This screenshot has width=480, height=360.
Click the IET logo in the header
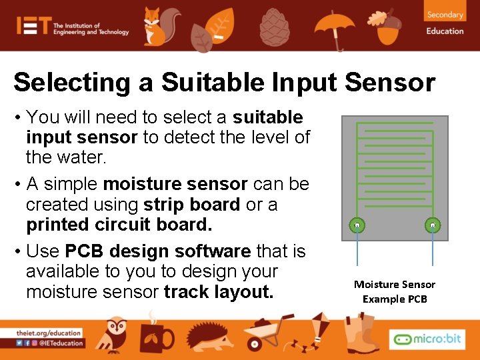33,25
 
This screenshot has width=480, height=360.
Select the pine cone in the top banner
274,27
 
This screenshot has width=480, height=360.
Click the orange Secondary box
445,15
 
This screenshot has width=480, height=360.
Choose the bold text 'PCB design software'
158,251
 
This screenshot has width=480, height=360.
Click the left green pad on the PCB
357,225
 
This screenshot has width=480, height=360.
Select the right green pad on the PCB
433,225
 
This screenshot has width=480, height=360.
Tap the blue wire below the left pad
357,250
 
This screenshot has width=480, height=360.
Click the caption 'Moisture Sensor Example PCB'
395,291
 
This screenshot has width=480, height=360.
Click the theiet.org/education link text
49,333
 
